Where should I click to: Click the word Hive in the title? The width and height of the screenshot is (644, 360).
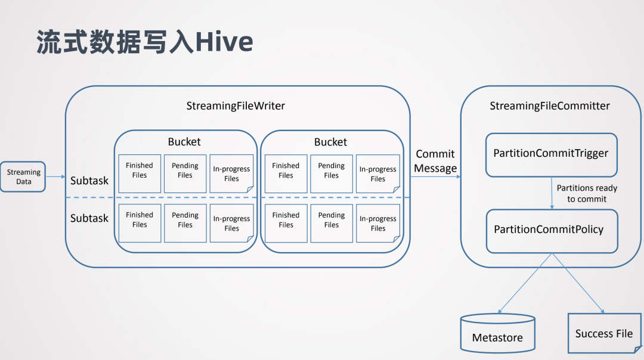[x=224, y=42]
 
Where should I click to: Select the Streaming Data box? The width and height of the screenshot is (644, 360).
[x=23, y=176]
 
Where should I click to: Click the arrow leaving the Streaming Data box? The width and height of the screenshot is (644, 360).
[x=55, y=176]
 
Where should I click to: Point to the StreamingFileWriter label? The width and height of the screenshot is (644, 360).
[x=236, y=106]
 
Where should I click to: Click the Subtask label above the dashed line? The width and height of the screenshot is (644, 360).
[x=89, y=180]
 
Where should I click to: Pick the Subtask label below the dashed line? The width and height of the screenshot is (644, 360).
[x=89, y=218]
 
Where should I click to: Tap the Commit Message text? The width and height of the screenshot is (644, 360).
[x=435, y=161]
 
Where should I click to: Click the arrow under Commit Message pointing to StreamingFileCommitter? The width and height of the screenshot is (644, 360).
[x=435, y=177]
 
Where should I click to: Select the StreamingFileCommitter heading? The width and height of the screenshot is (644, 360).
[x=550, y=106]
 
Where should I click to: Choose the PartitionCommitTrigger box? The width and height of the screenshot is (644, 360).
[x=550, y=154]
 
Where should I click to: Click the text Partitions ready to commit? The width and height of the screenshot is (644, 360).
[x=587, y=194]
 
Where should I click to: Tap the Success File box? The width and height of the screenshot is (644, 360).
[x=603, y=333]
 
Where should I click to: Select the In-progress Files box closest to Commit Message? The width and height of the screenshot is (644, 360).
[x=377, y=173]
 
